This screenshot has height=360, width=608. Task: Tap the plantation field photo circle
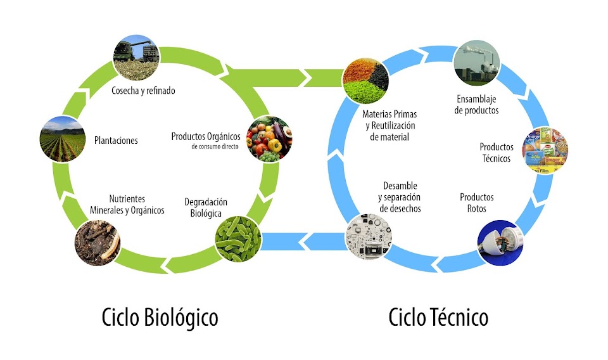(62, 138)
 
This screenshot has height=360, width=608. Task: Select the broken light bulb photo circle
(500, 241)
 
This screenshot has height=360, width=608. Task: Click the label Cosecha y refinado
(143, 91)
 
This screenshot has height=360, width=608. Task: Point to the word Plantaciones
(116, 140)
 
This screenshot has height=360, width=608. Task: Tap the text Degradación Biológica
(206, 207)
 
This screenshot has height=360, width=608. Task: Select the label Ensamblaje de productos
(478, 105)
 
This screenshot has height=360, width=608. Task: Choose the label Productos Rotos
(476, 202)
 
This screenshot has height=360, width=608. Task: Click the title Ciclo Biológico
(160, 317)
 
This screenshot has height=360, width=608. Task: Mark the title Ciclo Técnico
(438, 317)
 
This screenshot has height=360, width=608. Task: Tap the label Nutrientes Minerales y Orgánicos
(127, 205)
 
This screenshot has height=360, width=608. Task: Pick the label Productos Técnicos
(496, 153)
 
